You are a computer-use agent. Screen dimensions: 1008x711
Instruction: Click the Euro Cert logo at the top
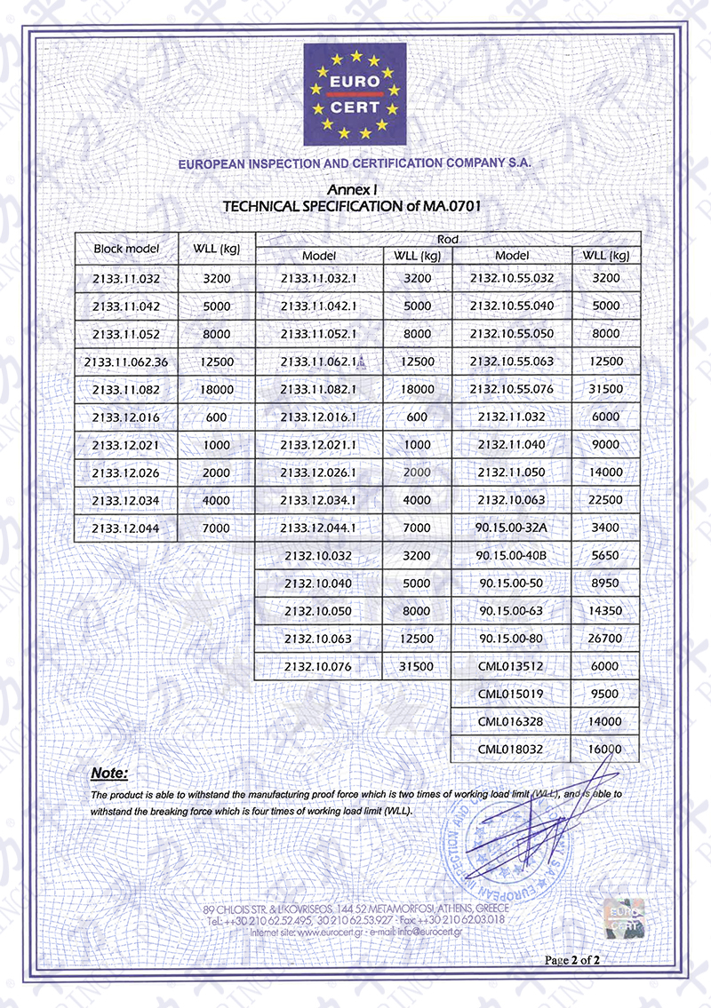(355, 94)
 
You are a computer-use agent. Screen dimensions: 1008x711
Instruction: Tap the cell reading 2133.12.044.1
(317, 528)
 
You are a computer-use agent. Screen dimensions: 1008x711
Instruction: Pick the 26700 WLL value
(604, 639)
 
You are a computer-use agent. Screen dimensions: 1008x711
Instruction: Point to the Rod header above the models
(448, 239)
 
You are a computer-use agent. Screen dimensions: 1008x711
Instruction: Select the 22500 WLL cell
(604, 500)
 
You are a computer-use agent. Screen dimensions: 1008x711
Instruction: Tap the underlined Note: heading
(110, 773)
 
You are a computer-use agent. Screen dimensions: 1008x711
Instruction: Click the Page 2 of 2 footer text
(573, 960)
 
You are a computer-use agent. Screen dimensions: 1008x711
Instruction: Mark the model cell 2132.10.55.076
(511, 389)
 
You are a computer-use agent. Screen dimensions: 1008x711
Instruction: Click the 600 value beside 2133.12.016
(216, 417)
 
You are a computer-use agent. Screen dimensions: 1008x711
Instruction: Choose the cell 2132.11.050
(511, 472)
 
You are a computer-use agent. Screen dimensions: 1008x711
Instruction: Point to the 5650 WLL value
(604, 555)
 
